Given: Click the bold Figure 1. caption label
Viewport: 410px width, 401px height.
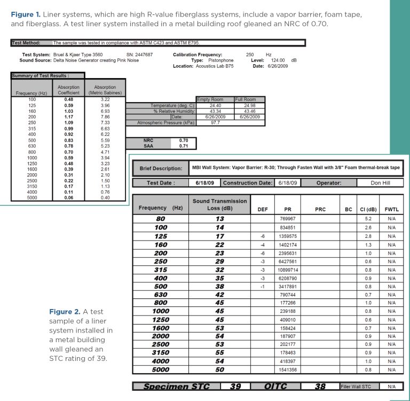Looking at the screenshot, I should click(x=26, y=14).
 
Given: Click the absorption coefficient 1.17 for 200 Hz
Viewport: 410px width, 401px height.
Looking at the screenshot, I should click(x=68, y=116).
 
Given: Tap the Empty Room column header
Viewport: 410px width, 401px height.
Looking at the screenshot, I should click(x=210, y=99).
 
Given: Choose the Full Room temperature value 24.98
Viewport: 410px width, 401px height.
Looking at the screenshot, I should click(x=249, y=105).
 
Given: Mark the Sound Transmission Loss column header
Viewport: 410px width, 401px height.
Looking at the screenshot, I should click(x=219, y=204).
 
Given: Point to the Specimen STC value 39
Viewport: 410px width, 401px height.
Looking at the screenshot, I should click(x=235, y=386).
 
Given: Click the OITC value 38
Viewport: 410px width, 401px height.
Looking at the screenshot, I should click(x=319, y=386).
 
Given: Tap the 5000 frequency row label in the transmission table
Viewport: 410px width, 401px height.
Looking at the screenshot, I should click(x=160, y=369).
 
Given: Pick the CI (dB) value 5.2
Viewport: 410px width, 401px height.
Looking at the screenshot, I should click(x=368, y=219).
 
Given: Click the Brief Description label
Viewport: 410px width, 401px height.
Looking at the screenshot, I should click(x=161, y=168).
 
